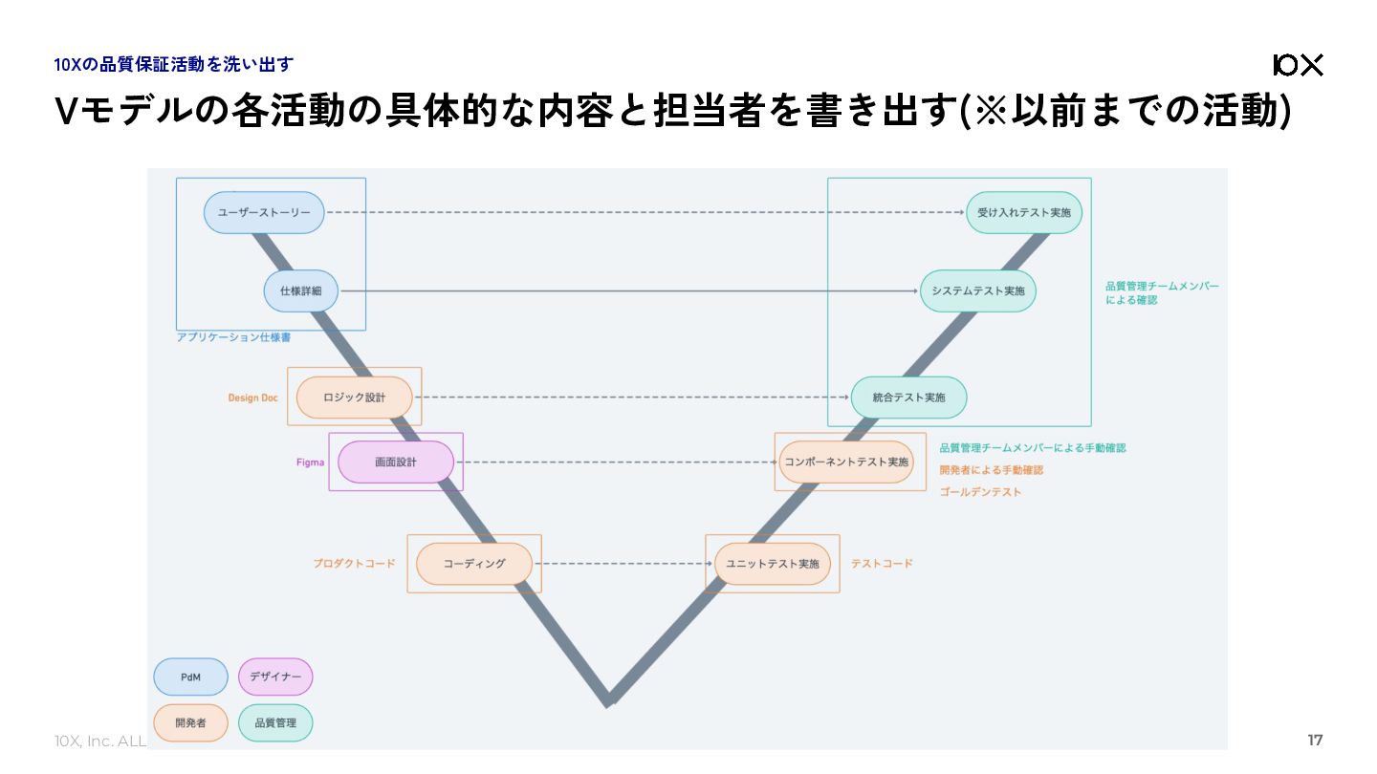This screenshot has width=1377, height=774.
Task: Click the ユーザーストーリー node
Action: coord(264,212)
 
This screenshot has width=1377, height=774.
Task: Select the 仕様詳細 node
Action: coord(300,290)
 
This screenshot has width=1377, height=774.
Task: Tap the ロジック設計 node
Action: coord(354,398)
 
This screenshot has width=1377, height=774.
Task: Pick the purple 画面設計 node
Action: coord(396,462)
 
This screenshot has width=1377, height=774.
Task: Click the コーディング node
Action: coord(473,564)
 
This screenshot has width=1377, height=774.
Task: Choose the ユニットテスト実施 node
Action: coord(772,564)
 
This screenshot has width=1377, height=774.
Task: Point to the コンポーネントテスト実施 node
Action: coord(846,462)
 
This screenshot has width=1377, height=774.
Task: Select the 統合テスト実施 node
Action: coord(908,398)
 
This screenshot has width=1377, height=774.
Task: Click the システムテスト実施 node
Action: coord(977,290)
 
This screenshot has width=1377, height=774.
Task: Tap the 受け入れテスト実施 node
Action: coord(1023,212)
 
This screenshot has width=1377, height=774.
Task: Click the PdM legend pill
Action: coord(190,677)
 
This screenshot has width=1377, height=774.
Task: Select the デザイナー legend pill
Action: coord(275,677)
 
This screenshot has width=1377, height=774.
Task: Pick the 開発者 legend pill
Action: coord(190,722)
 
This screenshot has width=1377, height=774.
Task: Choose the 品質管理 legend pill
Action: coord(275,722)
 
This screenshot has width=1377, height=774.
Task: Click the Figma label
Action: coord(310,462)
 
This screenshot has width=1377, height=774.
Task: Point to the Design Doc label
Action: coord(252,398)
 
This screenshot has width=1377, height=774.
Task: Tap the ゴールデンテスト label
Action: coord(980,492)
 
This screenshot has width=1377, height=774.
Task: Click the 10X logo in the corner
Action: coord(1299,65)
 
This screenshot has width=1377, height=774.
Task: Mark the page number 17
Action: coord(1315,741)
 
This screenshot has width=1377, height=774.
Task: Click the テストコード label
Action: coord(882,564)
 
